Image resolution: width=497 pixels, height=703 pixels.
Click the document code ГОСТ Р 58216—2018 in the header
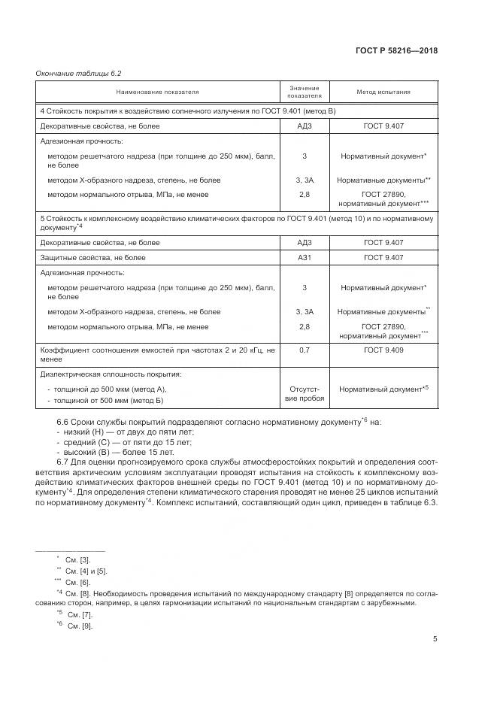tap(395, 51)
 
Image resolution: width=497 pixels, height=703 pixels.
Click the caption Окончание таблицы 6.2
tap(78, 73)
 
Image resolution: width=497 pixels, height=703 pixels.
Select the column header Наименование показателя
tap(157, 92)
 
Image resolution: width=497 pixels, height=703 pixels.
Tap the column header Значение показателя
tap(304, 92)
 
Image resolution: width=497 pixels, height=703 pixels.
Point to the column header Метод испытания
tap(383, 92)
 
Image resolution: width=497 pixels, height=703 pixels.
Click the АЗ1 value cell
tap(304, 257)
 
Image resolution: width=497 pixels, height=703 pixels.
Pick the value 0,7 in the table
tap(304, 350)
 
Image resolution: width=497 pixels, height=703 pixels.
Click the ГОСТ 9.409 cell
tap(383, 350)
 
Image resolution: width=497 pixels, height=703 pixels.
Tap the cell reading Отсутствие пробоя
tap(304, 394)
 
